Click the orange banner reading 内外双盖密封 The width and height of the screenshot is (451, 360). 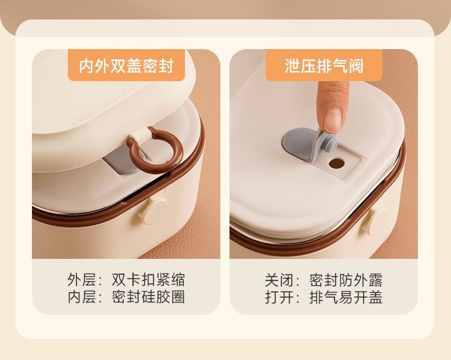[126, 65]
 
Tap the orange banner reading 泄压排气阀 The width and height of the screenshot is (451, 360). [324, 65]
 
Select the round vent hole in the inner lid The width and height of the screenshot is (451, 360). [336, 163]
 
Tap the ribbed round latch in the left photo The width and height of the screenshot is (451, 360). [153, 210]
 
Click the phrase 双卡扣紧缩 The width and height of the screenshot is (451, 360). [148, 279]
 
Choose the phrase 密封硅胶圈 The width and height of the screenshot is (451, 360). [148, 297]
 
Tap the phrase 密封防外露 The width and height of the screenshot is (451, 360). [346, 279]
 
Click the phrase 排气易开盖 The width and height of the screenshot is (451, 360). [346, 297]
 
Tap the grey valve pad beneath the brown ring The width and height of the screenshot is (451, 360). [122, 163]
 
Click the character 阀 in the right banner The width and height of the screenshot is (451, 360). [356, 66]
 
